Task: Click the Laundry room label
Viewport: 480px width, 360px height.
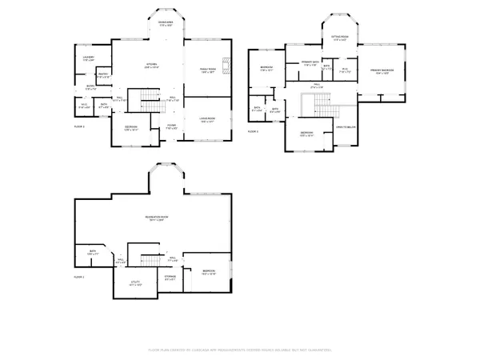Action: [x=89, y=58]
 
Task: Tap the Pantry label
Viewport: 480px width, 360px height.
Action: [x=103, y=76]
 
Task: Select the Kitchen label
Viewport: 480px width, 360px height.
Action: [x=149, y=66]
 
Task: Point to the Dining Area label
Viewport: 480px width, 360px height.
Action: [x=166, y=24]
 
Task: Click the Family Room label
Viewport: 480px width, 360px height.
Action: [x=207, y=70]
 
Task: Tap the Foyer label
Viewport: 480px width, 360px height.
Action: [x=171, y=126]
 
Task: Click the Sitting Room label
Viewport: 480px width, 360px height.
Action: [x=339, y=38]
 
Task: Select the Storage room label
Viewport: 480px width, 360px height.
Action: [x=170, y=278]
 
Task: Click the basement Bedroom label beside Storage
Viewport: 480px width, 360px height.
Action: [x=209, y=272]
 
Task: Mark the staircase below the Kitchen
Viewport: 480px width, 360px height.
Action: [x=151, y=101]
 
